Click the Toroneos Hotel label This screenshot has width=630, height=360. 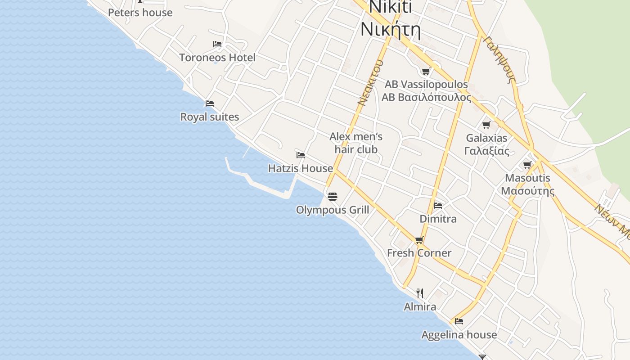pos(217,58)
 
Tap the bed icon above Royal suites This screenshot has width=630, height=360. pos(210,103)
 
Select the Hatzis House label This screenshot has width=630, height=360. pos(301,168)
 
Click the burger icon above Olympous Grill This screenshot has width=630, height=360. pos(333,197)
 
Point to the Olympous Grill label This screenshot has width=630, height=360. pos(333,210)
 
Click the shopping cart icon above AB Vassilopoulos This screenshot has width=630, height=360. pos(426,71)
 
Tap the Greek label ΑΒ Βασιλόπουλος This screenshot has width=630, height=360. pos(427,97)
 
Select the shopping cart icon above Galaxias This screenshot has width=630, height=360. pos(486,125)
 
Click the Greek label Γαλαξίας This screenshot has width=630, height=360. pos(487,151)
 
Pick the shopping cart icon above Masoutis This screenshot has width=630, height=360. pos(527,165)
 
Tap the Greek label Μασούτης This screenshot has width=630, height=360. pos(527,191)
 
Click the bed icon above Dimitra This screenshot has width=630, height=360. pos(438,206)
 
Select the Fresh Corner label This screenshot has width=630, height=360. pos(419,253)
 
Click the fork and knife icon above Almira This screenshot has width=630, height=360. pos(420,293)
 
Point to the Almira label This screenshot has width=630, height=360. pos(420,306)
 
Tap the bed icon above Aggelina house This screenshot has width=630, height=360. pos(459,321)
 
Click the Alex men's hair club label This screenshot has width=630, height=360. pos(356,143)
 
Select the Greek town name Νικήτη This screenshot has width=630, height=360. pos(391,31)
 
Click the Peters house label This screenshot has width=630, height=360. pos(140,13)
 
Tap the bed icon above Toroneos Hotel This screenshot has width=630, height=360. pos(217,44)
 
